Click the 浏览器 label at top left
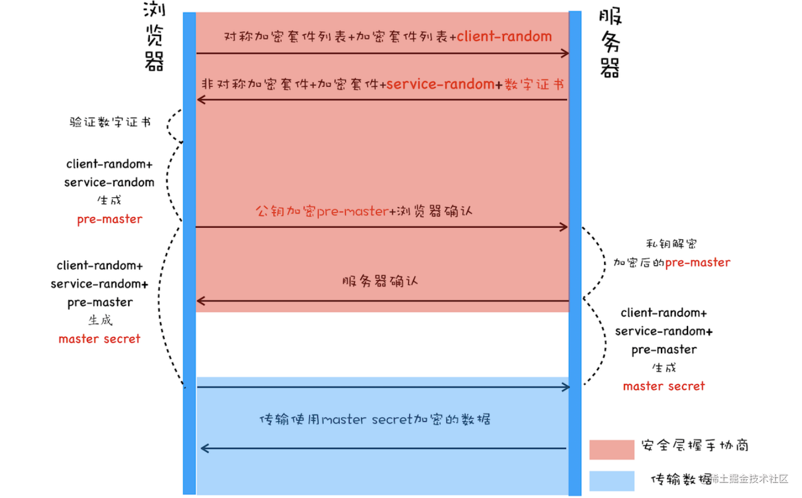154,36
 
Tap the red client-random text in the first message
504,36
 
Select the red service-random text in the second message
440,84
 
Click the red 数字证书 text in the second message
534,85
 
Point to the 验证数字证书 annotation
110,122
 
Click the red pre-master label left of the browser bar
110,219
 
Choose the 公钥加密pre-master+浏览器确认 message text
363,211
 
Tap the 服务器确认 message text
380,281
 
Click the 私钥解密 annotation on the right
671,244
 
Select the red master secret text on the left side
100,339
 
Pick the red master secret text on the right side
664,386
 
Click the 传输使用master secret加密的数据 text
375,420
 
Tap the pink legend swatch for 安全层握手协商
611,449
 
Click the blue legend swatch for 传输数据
611,480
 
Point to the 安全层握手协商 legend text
695,445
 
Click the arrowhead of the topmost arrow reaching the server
565,54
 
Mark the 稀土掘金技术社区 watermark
750,479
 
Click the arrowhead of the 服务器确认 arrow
201,301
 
